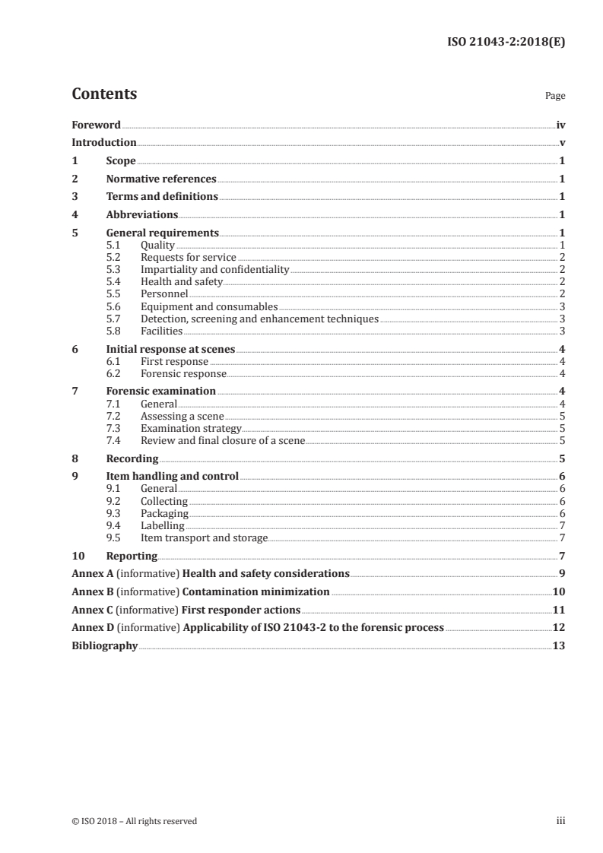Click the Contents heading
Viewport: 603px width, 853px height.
[x=104, y=95]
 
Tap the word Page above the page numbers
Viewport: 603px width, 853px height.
[x=554, y=97]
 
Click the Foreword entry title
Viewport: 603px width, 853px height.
[x=96, y=125]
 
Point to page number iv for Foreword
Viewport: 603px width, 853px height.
[x=560, y=125]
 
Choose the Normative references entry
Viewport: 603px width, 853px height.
[x=161, y=179]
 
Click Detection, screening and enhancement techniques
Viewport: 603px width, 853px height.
[x=259, y=319]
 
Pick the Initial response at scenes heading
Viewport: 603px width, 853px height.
[x=170, y=350]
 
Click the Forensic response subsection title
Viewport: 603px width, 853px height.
[x=183, y=374]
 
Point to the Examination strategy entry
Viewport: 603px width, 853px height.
[x=191, y=429]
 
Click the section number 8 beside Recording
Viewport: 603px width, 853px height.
[x=75, y=459]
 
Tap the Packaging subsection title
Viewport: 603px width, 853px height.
[x=164, y=514]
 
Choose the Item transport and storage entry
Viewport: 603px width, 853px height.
[x=204, y=538]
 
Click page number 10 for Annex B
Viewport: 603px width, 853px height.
[x=558, y=592]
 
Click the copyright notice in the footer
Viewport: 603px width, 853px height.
[x=134, y=821]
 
